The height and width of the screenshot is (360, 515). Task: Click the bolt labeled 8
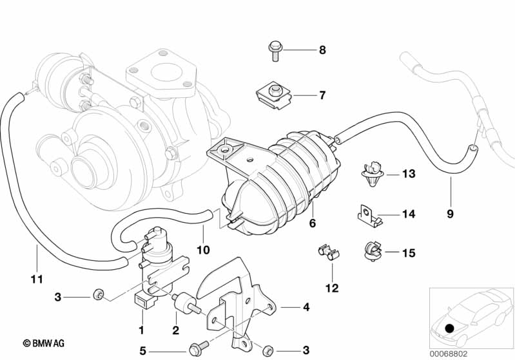point(275,51)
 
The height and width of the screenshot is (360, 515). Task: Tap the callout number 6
point(313,223)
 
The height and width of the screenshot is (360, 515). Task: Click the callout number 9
point(451,214)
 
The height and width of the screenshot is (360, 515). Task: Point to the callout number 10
point(203,250)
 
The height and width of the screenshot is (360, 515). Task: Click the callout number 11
point(37,279)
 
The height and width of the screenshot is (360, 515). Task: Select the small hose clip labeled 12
point(329,252)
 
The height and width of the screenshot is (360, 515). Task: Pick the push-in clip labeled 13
point(373,173)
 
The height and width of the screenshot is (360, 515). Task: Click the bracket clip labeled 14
point(370,215)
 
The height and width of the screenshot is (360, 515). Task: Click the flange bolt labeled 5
point(199,348)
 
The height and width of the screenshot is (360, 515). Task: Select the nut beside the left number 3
point(97,294)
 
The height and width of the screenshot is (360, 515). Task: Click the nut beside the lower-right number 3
point(268,350)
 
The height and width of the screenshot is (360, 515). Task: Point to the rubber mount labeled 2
point(185,304)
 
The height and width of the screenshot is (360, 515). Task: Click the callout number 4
point(306,307)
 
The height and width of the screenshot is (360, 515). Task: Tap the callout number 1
point(142,330)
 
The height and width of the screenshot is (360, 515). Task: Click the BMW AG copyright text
point(44,343)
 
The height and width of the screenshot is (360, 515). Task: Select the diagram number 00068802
point(449,354)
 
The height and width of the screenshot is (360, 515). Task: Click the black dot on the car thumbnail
point(449,328)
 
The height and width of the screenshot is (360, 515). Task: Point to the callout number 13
point(409,174)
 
